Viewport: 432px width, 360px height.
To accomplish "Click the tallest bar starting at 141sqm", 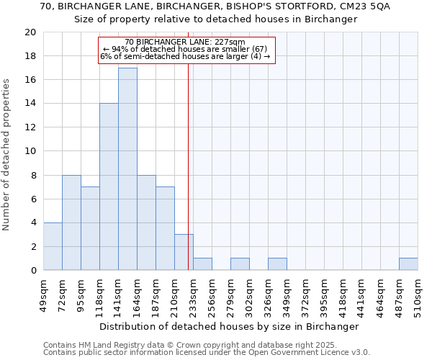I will pos(127,169).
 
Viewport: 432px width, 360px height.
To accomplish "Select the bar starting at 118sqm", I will pos(109,187).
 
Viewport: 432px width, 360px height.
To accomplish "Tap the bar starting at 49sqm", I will pos(53,246).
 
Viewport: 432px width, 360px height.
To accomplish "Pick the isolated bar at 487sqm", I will pos(408,264).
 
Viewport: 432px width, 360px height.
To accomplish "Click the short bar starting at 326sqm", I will pos(277,264).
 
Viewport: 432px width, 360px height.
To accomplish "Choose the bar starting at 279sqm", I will pos(240,264).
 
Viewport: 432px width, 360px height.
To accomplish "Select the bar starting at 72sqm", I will pos(71,222).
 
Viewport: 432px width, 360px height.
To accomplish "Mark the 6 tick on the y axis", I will pos(32,199).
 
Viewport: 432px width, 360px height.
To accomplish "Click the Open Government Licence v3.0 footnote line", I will pos(207,353).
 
